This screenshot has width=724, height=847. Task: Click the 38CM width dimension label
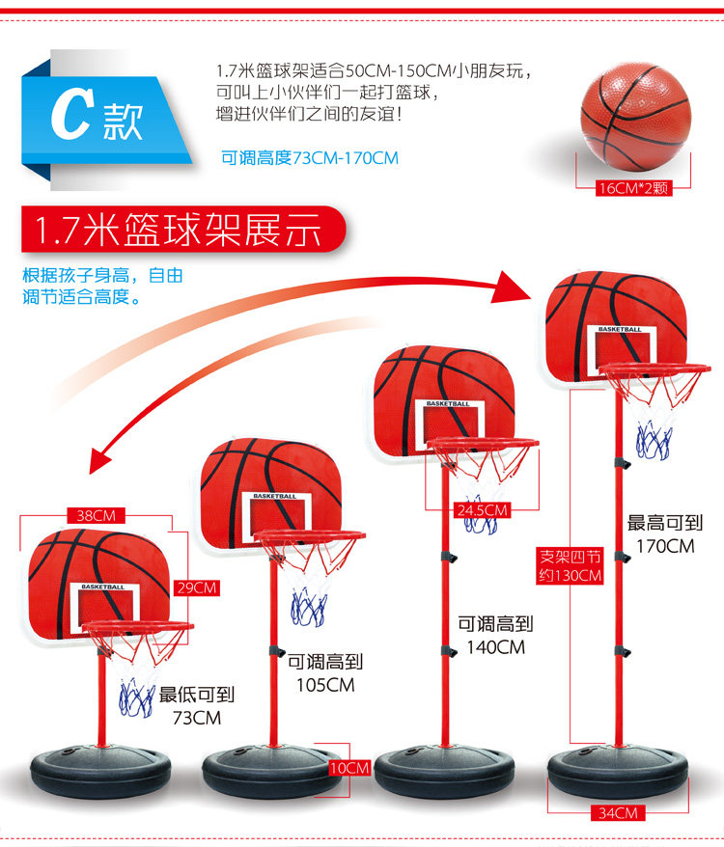coord(97,516)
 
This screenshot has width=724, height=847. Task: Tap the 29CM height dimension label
coord(197,587)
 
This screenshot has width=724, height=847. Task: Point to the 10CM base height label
coord(348,768)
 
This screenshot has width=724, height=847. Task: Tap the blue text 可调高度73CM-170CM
coord(309,157)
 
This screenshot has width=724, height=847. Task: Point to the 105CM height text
coord(326,685)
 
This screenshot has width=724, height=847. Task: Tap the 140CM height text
coord(496,647)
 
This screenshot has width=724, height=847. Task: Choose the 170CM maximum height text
coord(665,546)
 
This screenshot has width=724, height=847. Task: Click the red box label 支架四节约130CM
coord(570,566)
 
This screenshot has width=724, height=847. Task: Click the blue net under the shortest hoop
coord(136,697)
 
